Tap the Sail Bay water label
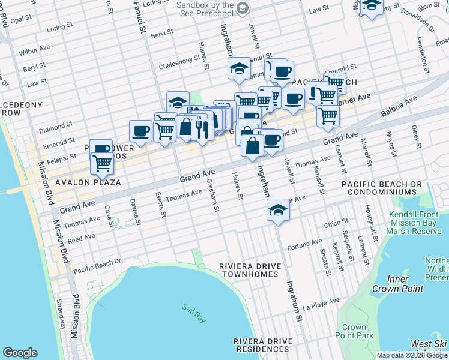[x=194, y=313]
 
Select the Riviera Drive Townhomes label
[x=249, y=269]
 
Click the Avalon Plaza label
[x=88, y=182]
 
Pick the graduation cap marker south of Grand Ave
[x=278, y=209]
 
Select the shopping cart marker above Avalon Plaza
[x=103, y=162]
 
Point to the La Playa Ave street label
[x=322, y=305]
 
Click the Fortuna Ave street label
[x=304, y=244]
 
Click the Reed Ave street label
[x=81, y=238]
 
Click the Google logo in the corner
[x=20, y=353]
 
